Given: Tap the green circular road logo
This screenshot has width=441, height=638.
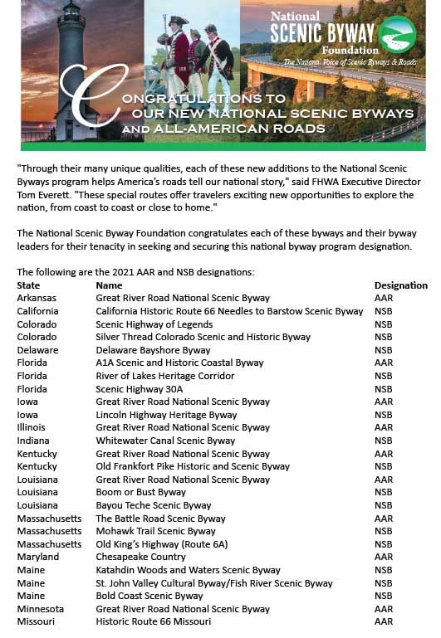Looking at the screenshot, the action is tap(396, 34).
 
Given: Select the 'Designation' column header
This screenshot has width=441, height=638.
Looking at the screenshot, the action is tap(400, 285).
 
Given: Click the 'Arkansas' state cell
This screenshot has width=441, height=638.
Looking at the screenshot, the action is tap(37, 298).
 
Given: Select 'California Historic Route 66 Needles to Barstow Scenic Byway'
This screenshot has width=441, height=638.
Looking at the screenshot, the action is tap(229, 311).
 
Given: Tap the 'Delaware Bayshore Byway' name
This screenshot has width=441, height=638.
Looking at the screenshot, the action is tap(153, 350).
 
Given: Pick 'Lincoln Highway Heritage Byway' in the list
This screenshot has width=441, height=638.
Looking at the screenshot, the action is tap(166, 415).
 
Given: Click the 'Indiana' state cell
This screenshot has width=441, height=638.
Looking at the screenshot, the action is tap(33, 441).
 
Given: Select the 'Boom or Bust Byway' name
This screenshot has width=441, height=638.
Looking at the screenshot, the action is tap(140, 492).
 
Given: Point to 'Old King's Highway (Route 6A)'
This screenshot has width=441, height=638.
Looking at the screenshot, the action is tap(162, 544).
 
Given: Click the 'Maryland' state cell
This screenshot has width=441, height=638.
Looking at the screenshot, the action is tap(37, 557).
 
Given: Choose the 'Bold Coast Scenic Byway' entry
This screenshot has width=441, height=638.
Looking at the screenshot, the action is tap(149, 596).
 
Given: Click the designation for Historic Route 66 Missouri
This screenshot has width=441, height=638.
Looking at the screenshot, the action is tap(383, 621).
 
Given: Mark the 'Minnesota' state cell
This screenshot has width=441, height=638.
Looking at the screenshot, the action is tap(40, 609).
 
